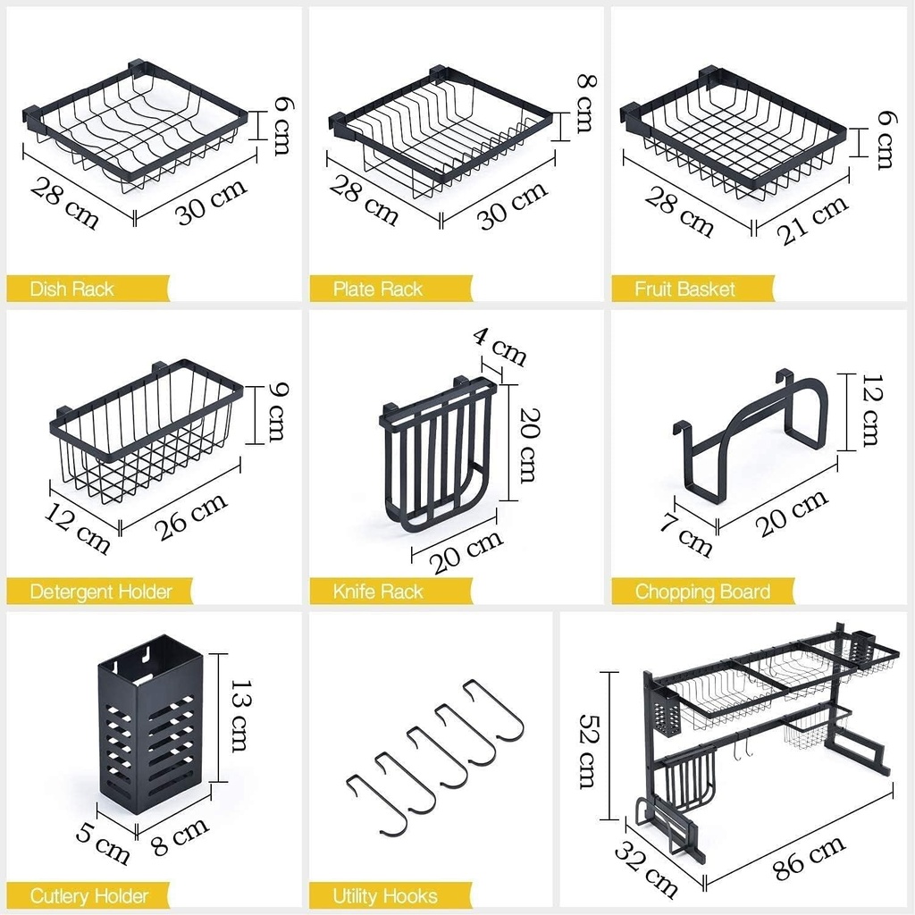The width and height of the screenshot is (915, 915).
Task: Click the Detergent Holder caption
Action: point(100,592)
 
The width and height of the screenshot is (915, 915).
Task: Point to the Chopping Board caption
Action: point(702,592)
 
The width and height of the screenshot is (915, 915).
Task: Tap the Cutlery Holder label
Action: point(88,895)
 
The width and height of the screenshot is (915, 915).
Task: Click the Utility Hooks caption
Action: point(385,895)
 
